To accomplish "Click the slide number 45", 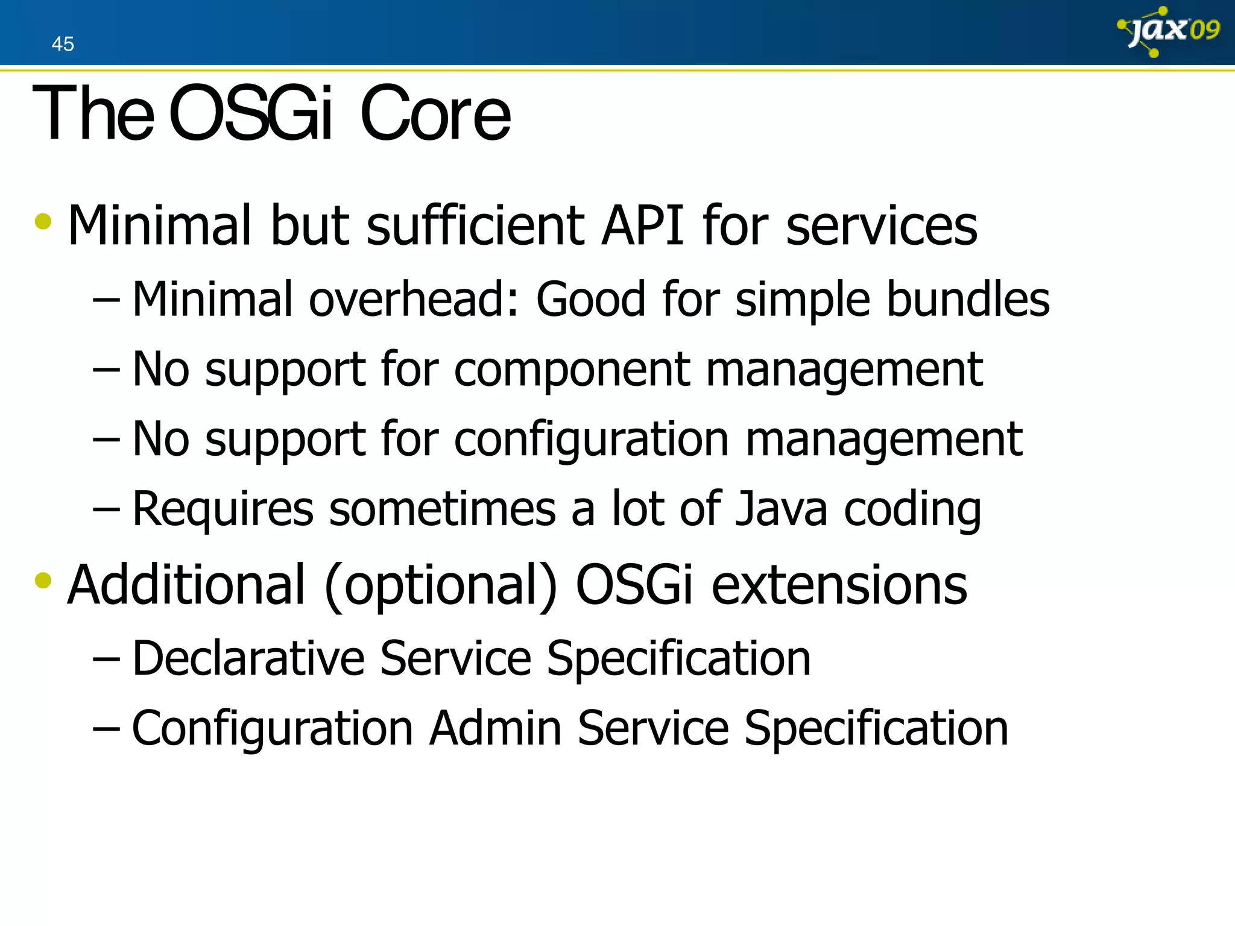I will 63,44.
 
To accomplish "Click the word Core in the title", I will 435,113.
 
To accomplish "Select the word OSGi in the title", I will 250,113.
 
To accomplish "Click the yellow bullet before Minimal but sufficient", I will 43,221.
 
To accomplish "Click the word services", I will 881,225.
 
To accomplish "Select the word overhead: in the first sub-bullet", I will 414,299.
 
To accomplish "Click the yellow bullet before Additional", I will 43,581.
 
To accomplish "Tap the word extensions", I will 839,585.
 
